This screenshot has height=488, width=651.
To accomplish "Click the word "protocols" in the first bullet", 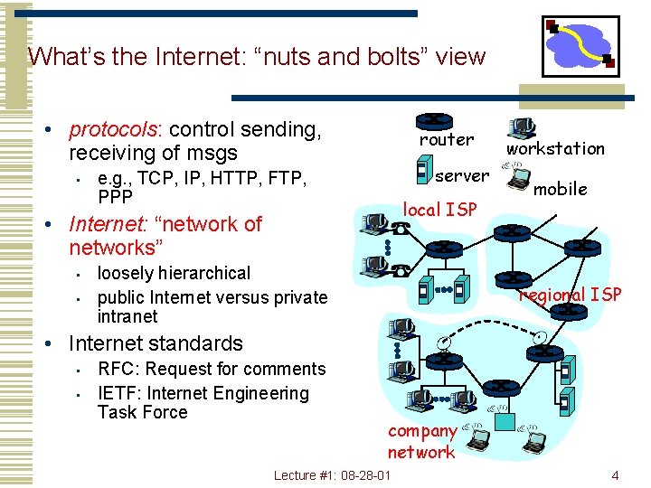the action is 109,130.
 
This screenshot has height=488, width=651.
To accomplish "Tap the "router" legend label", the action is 446,140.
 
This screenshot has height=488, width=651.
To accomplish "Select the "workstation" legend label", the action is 555,148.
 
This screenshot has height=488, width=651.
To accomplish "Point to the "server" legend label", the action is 462,175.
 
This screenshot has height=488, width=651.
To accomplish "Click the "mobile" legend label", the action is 561,189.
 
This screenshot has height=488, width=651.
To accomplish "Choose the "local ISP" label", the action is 439,210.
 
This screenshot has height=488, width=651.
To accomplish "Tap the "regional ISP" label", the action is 570,295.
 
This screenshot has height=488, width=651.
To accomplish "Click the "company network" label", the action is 421,442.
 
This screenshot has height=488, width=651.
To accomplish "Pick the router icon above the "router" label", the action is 435,121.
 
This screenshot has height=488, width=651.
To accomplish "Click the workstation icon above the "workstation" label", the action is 521,127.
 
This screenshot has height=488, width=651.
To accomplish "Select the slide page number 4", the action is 615,475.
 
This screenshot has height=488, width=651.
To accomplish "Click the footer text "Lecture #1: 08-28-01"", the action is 332,475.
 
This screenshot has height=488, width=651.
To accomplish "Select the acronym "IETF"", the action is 118,393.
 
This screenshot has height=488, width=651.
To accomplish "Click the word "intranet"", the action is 127,316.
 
